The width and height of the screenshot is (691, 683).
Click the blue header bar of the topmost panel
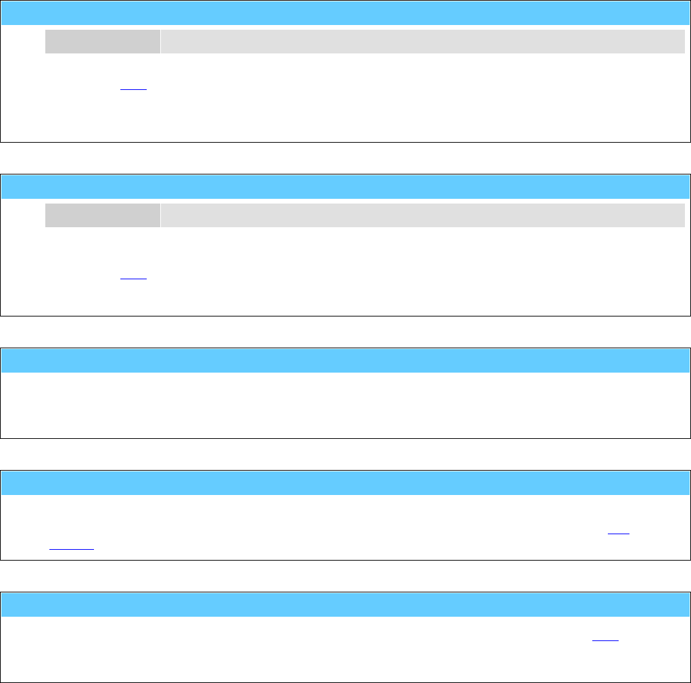345,13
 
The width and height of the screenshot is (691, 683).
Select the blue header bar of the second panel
345,186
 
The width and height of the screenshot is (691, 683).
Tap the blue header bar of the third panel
345,360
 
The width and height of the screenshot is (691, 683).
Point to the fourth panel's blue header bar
345,483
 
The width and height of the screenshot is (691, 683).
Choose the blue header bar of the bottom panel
345,605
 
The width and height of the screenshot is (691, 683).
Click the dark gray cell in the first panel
103,41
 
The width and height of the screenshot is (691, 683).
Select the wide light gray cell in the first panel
423,41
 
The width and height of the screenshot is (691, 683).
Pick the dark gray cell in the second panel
103,215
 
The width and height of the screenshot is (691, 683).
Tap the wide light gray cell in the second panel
423,215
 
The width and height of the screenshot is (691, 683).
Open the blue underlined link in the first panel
133,90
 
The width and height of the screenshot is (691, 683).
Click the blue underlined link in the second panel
133,277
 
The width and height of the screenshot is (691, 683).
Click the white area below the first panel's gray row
406,101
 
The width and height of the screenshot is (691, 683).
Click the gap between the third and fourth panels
345,454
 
